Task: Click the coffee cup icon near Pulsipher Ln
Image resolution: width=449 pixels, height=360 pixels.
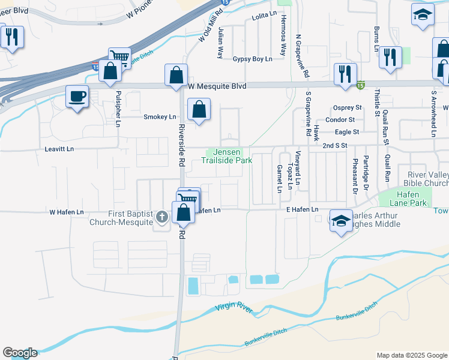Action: [77, 96]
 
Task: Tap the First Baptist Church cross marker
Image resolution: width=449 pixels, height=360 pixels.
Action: [161, 217]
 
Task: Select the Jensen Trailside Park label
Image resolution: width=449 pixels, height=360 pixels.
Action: [226, 156]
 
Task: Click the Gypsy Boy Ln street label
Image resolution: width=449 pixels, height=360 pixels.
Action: [252, 59]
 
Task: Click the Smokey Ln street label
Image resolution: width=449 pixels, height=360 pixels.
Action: [160, 116]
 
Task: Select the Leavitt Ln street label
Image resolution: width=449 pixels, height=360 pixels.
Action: [59, 148]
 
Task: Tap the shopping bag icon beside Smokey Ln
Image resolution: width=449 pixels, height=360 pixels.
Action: [199, 110]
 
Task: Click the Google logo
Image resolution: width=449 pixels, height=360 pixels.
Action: [20, 353]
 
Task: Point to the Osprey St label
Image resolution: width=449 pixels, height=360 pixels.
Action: [348, 107]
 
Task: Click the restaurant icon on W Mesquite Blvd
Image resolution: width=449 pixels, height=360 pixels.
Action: [345, 74]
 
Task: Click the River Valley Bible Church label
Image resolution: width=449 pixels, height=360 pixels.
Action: [427, 178]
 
